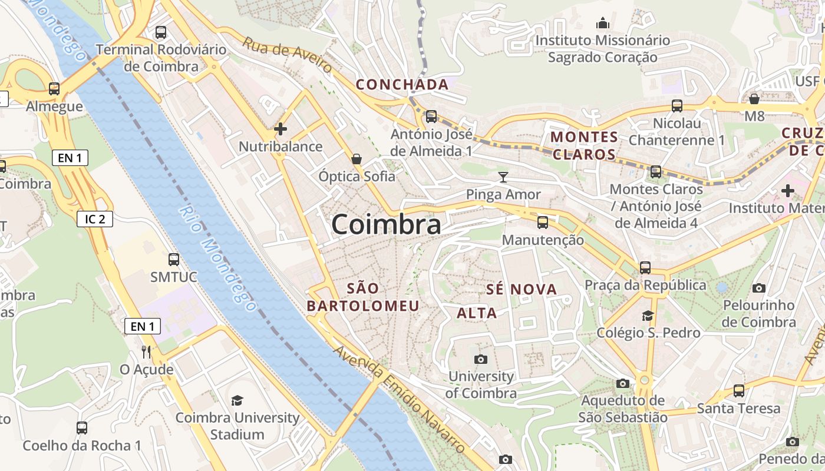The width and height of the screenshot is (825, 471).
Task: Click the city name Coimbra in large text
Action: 386,225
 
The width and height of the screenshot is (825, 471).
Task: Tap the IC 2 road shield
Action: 95,219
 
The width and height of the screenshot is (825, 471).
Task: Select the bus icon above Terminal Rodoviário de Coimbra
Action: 160,32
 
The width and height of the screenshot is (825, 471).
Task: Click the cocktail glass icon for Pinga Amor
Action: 503,177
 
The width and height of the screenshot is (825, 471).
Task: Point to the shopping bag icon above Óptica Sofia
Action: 356,159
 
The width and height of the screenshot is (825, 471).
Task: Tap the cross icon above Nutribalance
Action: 280,129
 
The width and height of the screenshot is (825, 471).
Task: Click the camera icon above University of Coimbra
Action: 481,359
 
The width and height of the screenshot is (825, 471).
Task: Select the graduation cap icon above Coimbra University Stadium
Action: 237,401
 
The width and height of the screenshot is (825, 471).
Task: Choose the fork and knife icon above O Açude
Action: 146,352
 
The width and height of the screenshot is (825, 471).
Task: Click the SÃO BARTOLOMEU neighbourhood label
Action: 363,297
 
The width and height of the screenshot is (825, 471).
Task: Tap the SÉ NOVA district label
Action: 522,289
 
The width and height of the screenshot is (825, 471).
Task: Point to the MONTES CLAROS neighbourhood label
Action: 584,146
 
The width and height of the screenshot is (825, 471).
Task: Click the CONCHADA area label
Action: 402,85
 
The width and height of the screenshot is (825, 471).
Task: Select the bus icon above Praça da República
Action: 645,268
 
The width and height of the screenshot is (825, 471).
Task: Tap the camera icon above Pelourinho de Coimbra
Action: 759,288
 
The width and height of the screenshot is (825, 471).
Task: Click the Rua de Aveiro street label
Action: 288,57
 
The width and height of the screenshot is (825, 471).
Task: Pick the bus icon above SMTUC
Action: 174,259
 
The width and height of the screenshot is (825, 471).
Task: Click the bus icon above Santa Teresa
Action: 738,391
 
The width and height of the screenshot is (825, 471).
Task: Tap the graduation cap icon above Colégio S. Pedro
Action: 648,316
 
